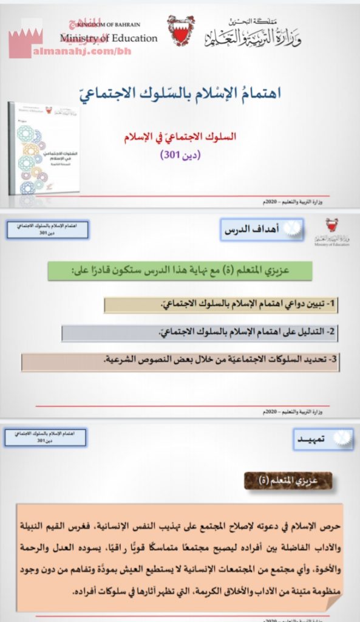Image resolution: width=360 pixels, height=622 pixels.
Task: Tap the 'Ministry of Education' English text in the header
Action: pos(109,38)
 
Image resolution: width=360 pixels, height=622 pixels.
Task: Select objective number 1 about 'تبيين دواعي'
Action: pos(223,303)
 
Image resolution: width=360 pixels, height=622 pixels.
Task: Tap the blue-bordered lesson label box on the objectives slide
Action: pos(47,231)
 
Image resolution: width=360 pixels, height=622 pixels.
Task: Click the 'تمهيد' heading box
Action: pos(315,438)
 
